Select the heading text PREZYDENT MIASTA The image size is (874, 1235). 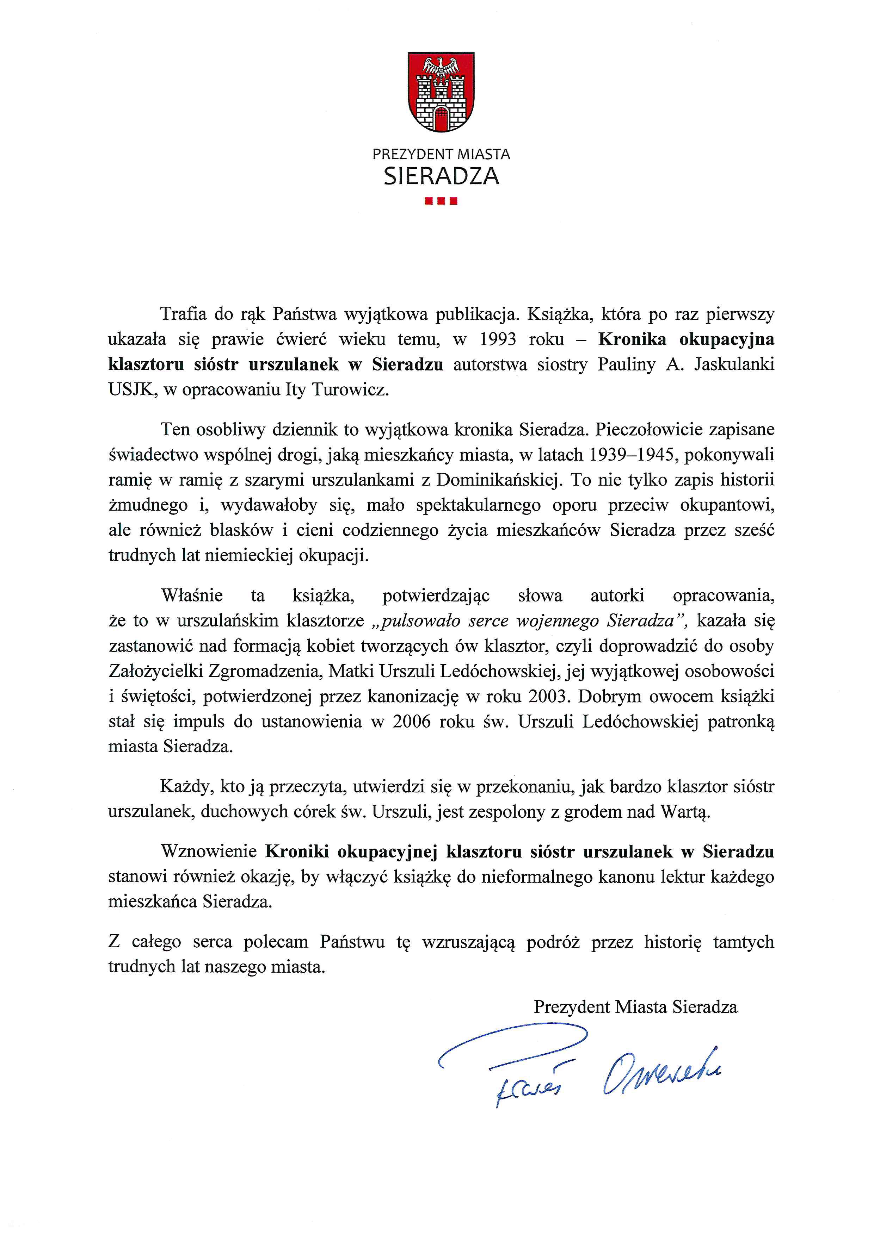(441, 154)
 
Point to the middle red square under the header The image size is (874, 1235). (441, 202)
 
